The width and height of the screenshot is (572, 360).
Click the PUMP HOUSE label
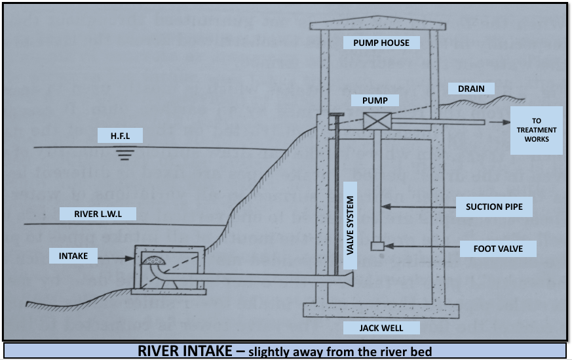[381, 43]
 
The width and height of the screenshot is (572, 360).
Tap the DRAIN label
[467, 89]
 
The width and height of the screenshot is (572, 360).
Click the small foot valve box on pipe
[376, 247]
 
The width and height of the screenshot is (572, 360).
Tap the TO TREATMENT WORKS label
[536, 130]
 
